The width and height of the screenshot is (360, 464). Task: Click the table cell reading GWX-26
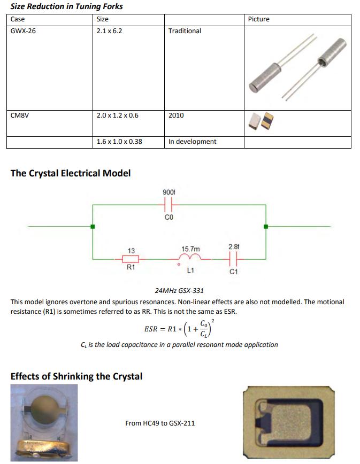click(24, 31)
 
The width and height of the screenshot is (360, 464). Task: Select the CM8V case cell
click(20, 115)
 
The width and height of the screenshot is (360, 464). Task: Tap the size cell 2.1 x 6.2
click(109, 31)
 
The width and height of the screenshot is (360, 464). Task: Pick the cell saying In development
click(192, 142)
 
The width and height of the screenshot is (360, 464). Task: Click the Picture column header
click(259, 19)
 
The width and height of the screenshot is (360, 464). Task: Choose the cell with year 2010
click(176, 115)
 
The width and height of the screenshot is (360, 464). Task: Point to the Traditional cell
click(185, 31)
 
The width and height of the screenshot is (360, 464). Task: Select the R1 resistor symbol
click(131, 259)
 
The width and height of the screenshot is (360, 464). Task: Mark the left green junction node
click(93, 227)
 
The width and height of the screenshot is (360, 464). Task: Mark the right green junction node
click(266, 227)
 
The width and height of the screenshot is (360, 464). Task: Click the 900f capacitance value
click(169, 192)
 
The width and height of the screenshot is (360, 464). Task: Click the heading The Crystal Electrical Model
click(70, 173)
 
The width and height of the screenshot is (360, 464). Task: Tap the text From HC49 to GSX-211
click(160, 423)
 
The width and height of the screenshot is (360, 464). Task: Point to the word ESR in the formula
click(151, 329)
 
